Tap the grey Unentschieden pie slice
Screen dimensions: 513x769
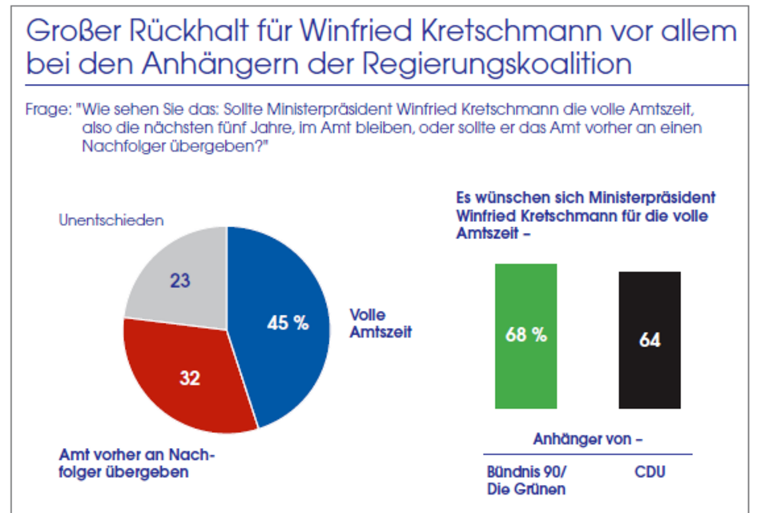(x=168, y=265)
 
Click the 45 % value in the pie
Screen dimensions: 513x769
(x=287, y=323)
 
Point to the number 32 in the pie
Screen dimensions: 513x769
(x=189, y=378)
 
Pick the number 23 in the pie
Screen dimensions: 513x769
(x=180, y=281)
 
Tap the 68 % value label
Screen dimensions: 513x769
(x=526, y=335)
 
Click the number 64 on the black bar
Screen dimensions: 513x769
(x=650, y=340)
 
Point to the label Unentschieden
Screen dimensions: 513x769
(x=111, y=220)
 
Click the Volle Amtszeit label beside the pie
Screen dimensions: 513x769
(x=380, y=322)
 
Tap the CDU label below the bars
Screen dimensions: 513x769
(x=650, y=471)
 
